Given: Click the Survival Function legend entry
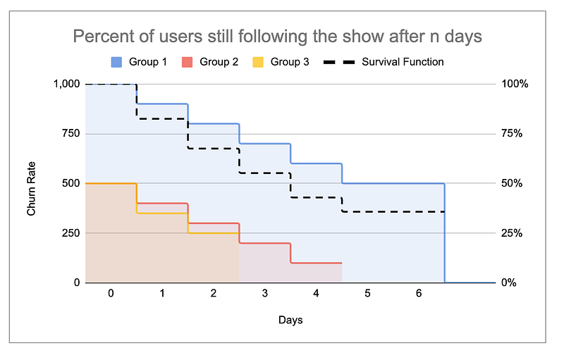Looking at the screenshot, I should [384, 62].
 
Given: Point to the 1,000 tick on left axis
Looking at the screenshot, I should [67, 84].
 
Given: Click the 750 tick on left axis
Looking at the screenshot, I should [71, 134].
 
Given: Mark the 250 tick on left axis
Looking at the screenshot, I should [71, 233].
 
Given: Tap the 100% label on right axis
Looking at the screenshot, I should [514, 84].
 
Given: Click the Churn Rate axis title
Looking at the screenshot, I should [31, 184].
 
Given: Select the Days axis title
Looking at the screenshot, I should [290, 320].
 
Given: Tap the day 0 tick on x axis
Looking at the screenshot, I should [111, 293].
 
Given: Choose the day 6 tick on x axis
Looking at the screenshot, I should [419, 293].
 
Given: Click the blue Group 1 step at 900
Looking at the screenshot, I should [162, 104].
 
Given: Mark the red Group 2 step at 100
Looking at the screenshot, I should [317, 263].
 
